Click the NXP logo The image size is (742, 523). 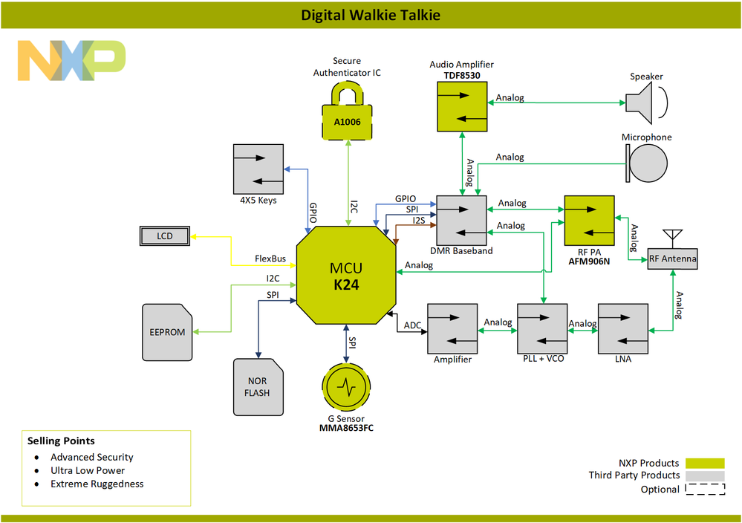71,61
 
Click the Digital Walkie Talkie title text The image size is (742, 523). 371,15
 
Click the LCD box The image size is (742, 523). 165,236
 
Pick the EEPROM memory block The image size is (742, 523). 167,331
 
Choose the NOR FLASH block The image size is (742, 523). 258,386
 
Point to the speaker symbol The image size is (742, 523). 644,103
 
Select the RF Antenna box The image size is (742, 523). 672,258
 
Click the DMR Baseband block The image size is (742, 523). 461,220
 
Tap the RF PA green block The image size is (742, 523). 589,220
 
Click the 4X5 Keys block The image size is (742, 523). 258,168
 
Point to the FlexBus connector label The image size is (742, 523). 270,259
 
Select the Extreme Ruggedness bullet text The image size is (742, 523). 97,484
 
